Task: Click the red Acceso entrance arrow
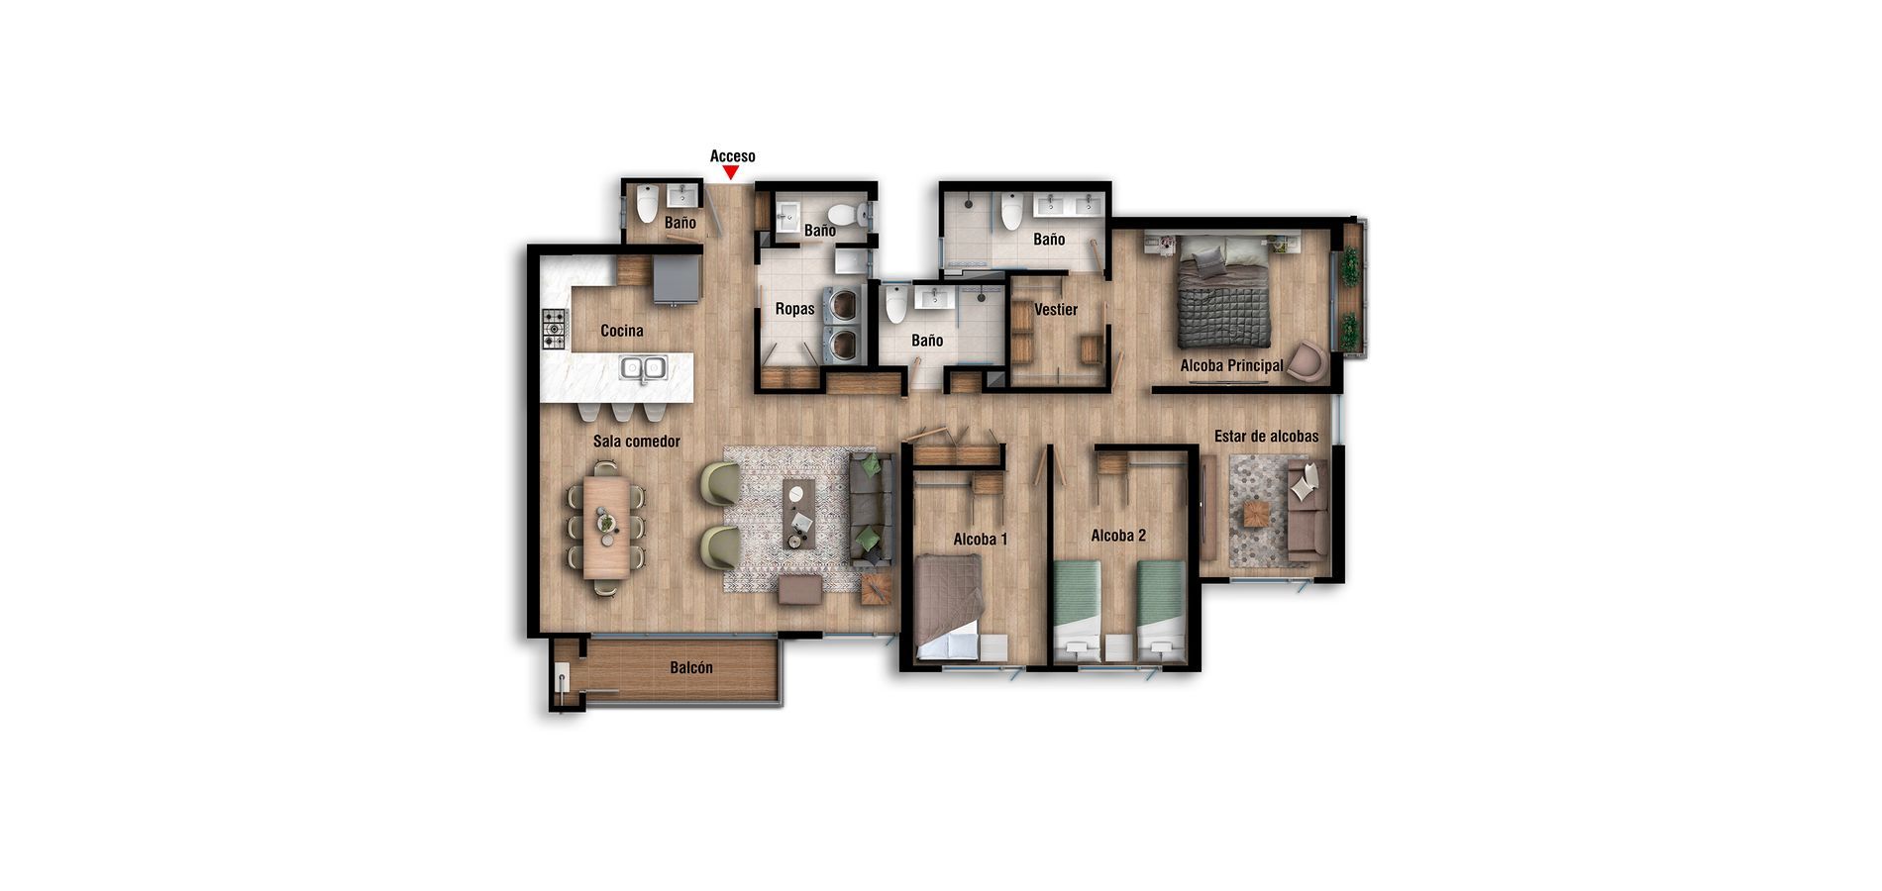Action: [731, 173]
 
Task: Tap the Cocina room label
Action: [622, 331]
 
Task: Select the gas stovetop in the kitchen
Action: [554, 329]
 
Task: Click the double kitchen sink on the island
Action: [643, 368]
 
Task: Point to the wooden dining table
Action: [605, 527]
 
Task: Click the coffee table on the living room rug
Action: [798, 513]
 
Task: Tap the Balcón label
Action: [690, 668]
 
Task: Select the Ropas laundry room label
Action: [794, 309]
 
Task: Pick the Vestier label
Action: [1056, 310]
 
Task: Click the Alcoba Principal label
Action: [1231, 365]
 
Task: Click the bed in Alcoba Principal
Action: [1223, 292]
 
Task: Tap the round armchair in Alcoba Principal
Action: [1307, 359]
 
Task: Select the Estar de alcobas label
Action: [1266, 437]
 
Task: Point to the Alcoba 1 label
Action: [980, 540]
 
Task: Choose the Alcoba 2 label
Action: [1118, 536]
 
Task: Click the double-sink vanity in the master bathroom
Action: [1068, 206]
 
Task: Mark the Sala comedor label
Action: [636, 442]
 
